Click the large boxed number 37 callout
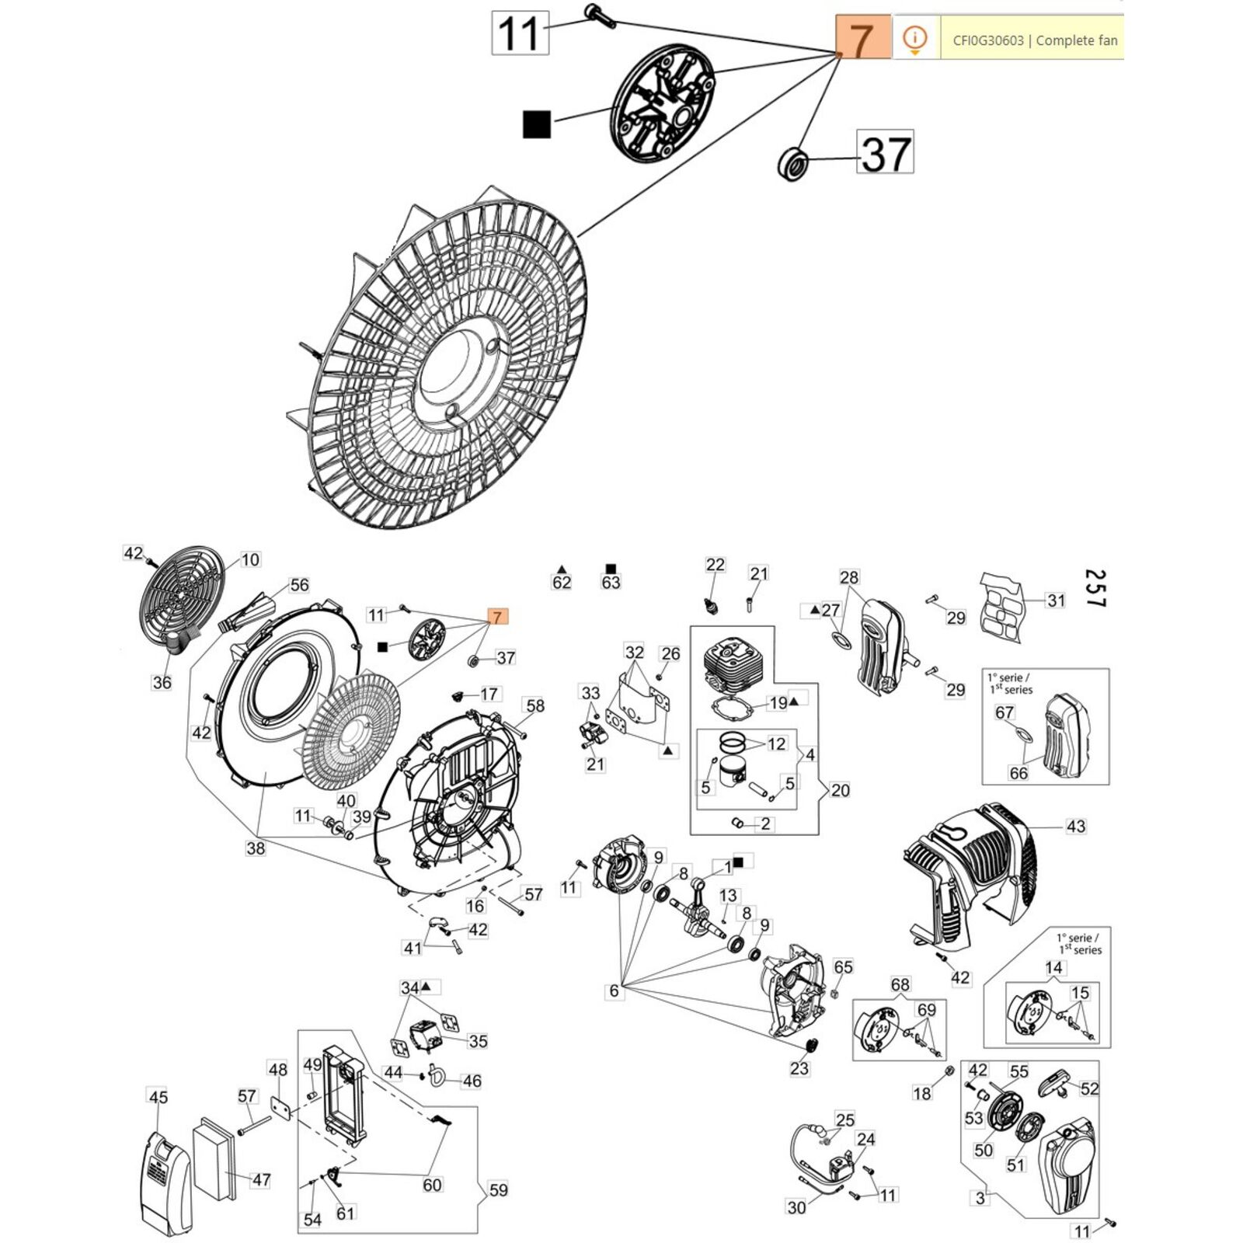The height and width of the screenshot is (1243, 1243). (886, 153)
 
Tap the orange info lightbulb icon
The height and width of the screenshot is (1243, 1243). (916, 38)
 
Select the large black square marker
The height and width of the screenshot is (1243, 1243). (537, 124)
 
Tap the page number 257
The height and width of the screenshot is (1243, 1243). (1095, 588)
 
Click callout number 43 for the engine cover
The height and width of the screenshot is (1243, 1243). (1075, 826)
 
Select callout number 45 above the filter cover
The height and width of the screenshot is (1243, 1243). (158, 1097)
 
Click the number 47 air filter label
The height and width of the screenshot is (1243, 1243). (261, 1179)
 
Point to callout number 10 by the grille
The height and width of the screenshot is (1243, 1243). (249, 559)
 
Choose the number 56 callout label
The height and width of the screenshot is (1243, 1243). (298, 585)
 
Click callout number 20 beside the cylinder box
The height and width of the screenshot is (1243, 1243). (840, 790)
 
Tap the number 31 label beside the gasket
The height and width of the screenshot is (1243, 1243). (1055, 600)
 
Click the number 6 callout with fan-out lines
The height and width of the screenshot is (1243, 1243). (614, 991)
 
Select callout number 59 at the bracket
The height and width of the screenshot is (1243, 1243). (498, 1189)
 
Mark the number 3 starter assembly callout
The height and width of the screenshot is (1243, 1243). (980, 1198)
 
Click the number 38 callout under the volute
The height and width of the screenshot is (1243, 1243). (256, 848)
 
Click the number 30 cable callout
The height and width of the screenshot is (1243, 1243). (796, 1206)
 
